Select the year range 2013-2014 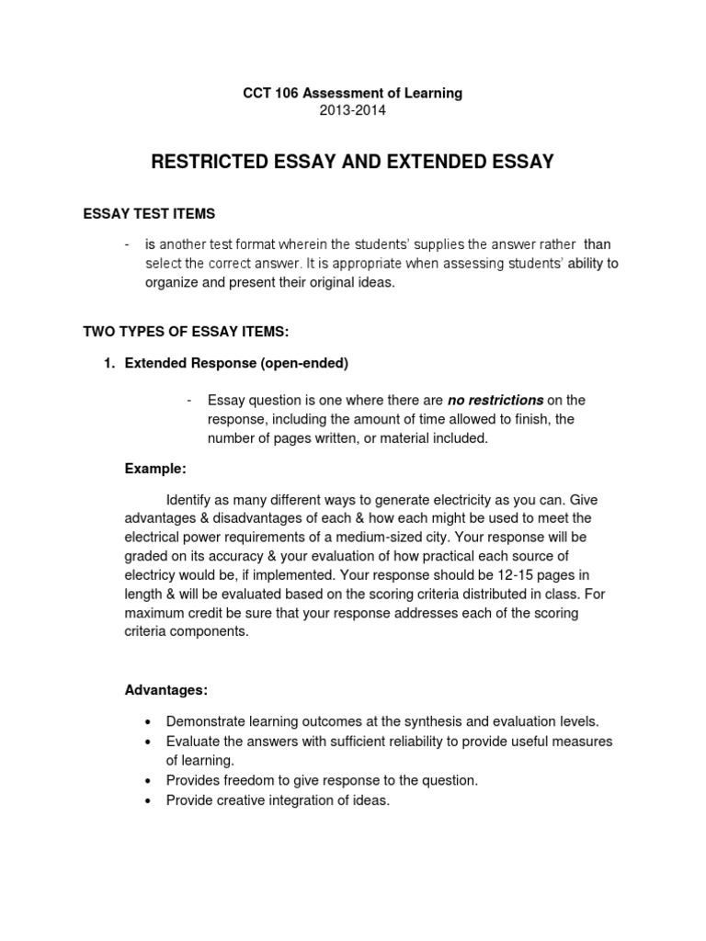[x=352, y=110]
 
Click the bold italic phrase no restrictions [x=495, y=400]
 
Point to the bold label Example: [x=155, y=469]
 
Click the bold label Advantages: [x=166, y=689]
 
